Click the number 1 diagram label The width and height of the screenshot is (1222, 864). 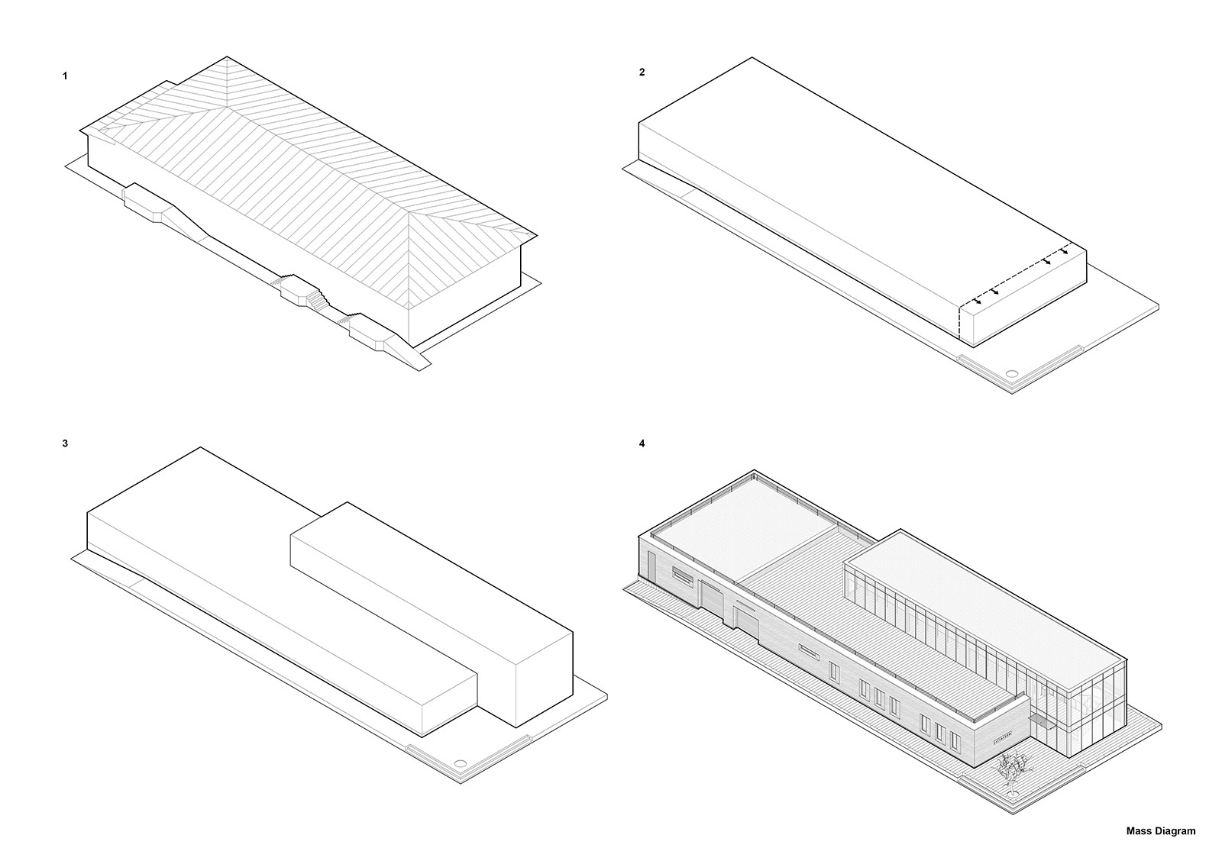pyautogui.click(x=65, y=76)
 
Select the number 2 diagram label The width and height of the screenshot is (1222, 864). pyautogui.click(x=642, y=72)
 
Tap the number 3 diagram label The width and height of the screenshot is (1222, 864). pyautogui.click(x=65, y=443)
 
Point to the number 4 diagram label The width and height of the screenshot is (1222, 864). pyautogui.click(x=642, y=443)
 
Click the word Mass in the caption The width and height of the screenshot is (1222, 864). pyautogui.click(x=1139, y=831)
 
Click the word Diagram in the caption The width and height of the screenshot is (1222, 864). pyautogui.click(x=1175, y=832)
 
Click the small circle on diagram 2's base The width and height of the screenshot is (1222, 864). pyautogui.click(x=1012, y=374)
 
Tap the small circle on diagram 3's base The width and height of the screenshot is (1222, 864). pyautogui.click(x=460, y=763)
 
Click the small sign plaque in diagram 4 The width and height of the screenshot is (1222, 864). pyautogui.click(x=1001, y=733)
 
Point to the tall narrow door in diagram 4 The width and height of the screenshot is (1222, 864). pyautogui.click(x=652, y=565)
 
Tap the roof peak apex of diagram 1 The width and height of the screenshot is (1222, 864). pyautogui.click(x=227, y=56)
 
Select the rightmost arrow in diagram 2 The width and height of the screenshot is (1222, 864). pyautogui.click(x=1064, y=251)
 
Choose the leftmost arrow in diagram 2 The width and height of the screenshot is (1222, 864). pyautogui.click(x=977, y=301)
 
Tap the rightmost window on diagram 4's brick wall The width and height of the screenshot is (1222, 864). pyautogui.click(x=955, y=740)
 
